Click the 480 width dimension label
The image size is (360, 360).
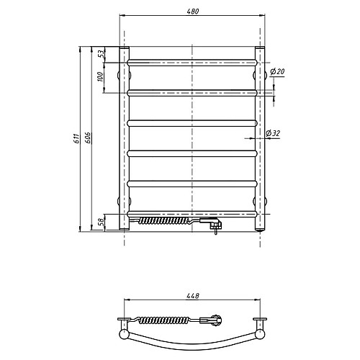192,12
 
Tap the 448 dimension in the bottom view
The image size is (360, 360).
192,296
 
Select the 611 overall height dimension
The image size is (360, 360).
76,138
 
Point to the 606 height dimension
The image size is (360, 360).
88,138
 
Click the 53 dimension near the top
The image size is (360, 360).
102,53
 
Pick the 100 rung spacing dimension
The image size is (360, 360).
101,77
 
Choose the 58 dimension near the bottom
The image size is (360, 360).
102,221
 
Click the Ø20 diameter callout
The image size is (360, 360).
277,71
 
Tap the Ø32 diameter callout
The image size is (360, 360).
273,133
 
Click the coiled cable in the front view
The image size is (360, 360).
166,220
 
